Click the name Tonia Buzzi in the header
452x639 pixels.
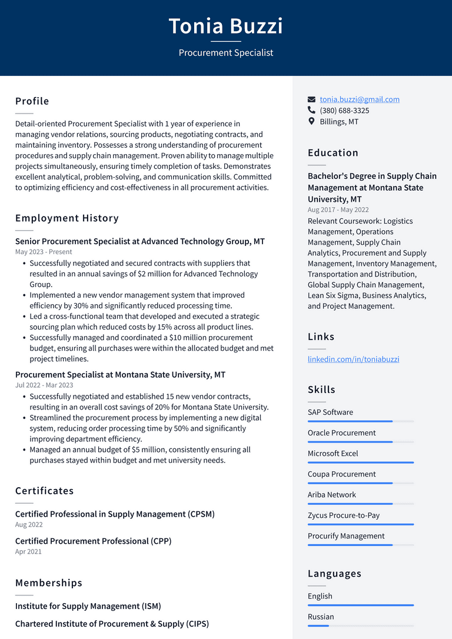click(x=226, y=26)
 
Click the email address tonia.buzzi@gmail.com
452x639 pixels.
click(x=359, y=99)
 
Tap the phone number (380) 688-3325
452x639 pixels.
click(x=344, y=111)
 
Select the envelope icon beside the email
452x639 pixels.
click(x=311, y=99)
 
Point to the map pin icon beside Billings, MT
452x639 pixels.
click(x=311, y=121)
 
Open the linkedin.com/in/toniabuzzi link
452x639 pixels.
click(x=353, y=359)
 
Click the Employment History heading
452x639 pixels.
click(x=67, y=218)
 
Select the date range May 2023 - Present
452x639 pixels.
click(x=44, y=252)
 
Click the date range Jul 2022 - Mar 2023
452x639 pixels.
click(x=44, y=385)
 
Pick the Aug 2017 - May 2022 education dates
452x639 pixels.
click(x=338, y=210)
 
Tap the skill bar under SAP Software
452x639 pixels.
click(x=360, y=421)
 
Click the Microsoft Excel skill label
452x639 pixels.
click(x=333, y=454)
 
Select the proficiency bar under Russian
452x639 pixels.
click(x=360, y=625)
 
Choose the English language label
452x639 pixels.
click(x=320, y=596)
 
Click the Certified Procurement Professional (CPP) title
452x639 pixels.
click(x=93, y=541)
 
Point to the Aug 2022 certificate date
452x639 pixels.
click(x=29, y=525)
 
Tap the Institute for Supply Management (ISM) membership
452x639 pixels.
click(x=88, y=606)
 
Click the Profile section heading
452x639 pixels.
click(x=32, y=101)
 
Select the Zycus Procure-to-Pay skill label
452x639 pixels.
click(x=343, y=515)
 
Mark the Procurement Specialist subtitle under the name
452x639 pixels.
click(x=226, y=53)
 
